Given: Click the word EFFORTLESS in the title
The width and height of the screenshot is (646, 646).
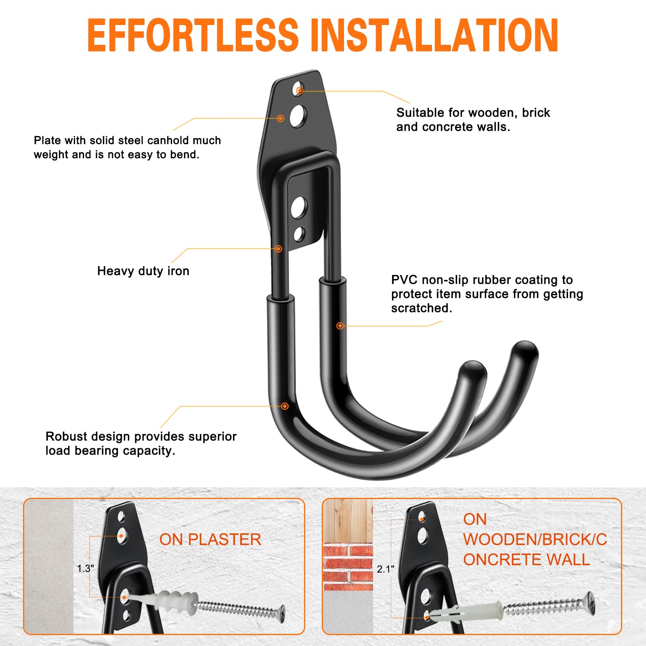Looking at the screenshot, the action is [193, 35].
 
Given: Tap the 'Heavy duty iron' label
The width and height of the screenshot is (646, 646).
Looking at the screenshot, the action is [143, 271].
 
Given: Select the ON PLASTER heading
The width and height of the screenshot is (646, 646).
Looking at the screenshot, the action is [210, 539].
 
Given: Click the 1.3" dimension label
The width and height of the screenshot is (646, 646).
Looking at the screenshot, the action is [86, 568].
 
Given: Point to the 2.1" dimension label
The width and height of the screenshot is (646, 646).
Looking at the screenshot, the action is [386, 569].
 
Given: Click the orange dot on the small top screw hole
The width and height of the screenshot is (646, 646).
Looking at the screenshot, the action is [300, 90].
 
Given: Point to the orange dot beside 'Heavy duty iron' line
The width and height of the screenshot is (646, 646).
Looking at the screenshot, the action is [278, 249].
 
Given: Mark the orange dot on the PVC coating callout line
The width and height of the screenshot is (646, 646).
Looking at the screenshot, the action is [340, 325].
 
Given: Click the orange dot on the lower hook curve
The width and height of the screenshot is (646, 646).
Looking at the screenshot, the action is [285, 406].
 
